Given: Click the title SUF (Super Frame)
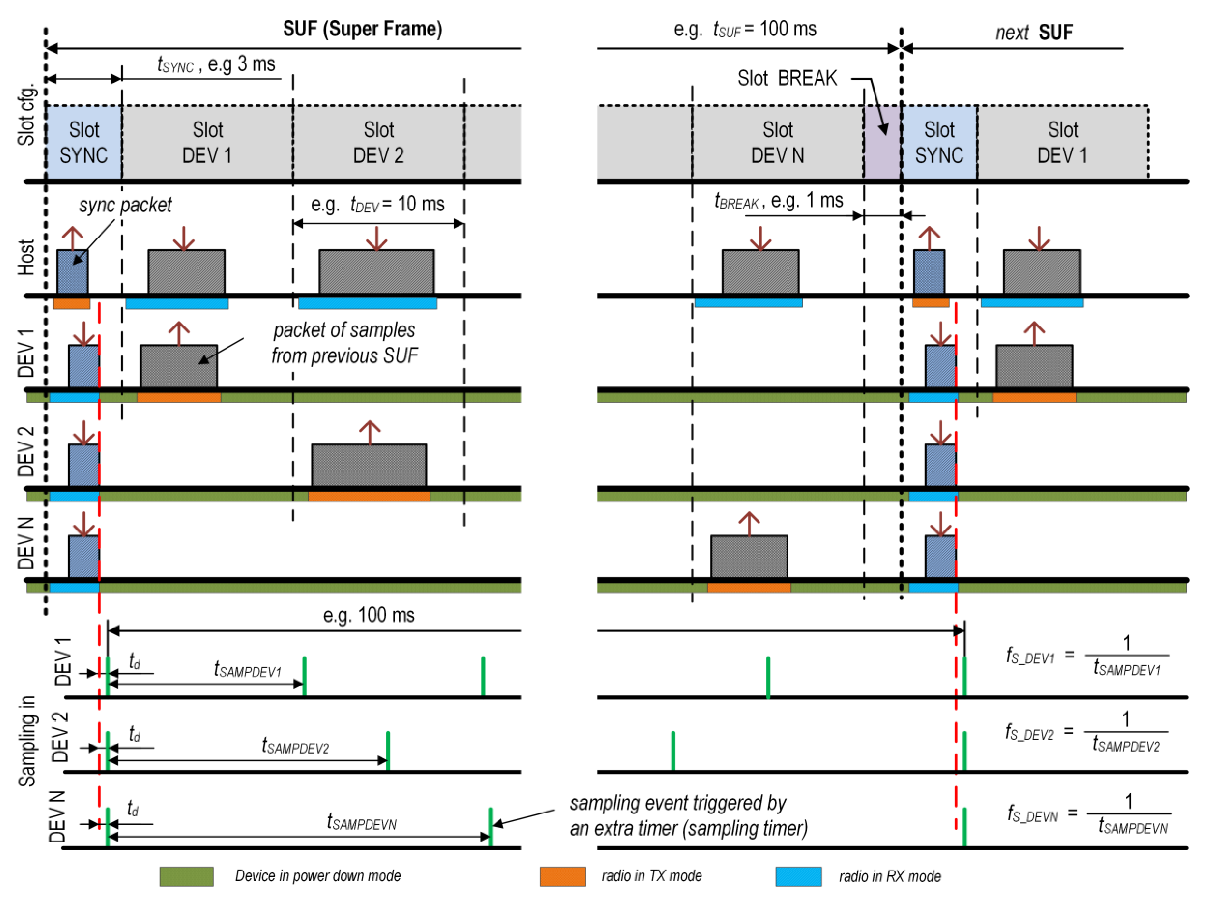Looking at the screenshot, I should pos(362,28).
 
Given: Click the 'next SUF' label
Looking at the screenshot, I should pos(1033,32).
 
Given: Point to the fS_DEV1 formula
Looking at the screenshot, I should pos(1087,656).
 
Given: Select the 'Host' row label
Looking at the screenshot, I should pos(26,257).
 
